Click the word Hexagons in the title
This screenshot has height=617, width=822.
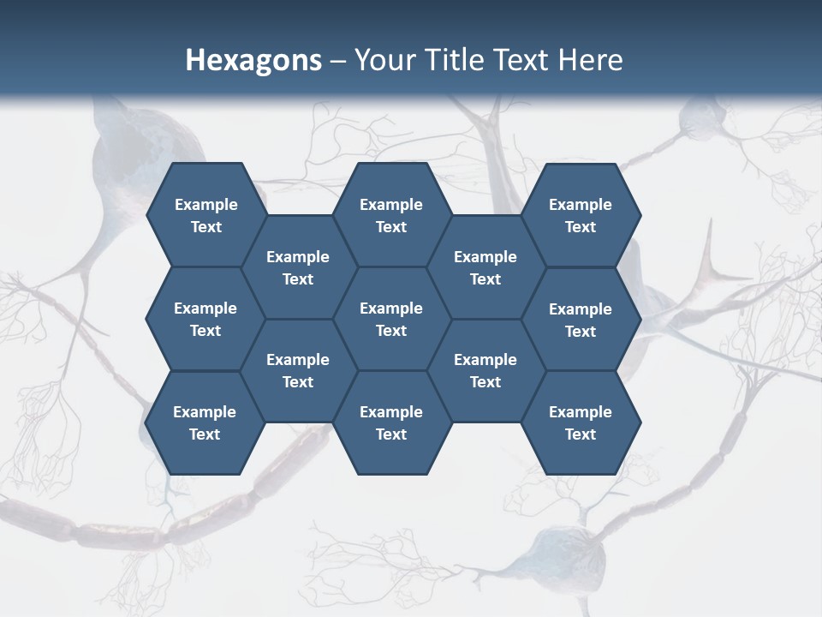click(253, 60)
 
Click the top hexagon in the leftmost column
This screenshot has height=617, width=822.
click(205, 215)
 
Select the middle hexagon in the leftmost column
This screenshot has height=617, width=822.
click(205, 319)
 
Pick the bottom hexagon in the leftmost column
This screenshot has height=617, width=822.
click(205, 422)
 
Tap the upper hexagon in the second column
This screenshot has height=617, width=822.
click(298, 267)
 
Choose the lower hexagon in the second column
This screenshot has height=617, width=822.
click(298, 370)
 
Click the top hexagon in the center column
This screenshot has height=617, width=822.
click(391, 215)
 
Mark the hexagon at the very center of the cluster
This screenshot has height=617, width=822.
click(391, 319)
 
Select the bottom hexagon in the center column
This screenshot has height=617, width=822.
click(391, 422)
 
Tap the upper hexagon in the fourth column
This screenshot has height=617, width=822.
click(485, 267)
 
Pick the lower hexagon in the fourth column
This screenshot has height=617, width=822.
click(485, 370)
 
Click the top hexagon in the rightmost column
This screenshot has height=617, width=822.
click(581, 215)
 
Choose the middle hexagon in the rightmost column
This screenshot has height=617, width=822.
click(581, 320)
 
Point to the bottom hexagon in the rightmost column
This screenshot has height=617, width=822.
click(581, 422)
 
